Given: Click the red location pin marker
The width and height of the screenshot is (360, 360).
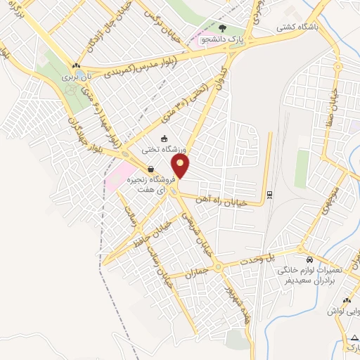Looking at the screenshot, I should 181,167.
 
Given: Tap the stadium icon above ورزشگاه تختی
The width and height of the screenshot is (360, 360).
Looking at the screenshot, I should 164,139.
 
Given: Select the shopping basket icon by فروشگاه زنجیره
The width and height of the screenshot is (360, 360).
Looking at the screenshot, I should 151,168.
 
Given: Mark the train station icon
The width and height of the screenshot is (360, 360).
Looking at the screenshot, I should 269,194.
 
